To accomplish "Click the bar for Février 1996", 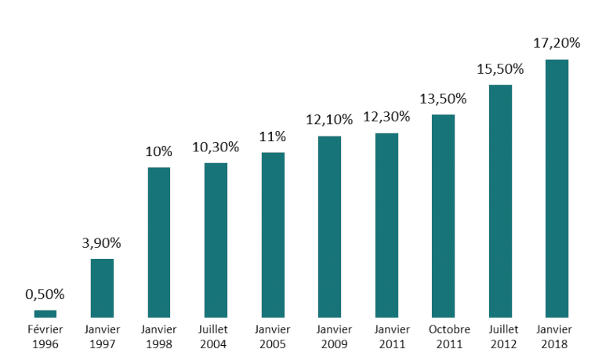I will click(45, 314).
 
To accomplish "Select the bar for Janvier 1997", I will click(102, 288).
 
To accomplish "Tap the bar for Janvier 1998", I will click(159, 242).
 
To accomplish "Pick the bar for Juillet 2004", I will click(216, 240).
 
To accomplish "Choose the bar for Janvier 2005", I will click(273, 235).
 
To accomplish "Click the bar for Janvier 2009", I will click(329, 227).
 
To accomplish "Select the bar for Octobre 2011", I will click(443, 216).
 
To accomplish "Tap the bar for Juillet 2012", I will click(500, 201).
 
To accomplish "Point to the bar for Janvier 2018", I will click(557, 188).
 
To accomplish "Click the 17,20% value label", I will click(557, 43).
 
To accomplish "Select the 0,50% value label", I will click(45, 294).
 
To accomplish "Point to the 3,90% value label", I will click(102, 243).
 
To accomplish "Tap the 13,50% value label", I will click(443, 99).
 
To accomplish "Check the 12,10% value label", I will click(329, 120).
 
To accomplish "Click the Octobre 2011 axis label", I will click(443, 336).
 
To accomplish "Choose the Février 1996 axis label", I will click(45, 336).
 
